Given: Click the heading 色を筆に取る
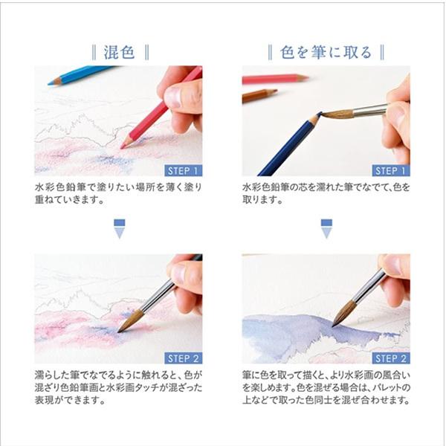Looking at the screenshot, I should (326, 53).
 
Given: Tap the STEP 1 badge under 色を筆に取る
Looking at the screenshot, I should (389, 169).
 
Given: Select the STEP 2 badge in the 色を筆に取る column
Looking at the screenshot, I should (389, 358).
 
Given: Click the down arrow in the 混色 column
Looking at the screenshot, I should (118, 228).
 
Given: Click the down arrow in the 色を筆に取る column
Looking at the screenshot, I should (326, 228).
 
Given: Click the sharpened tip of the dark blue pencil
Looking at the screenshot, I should (315, 119).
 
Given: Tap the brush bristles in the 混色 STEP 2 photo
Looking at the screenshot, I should (130, 321).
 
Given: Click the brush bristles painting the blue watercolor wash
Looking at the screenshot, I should (342, 315).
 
